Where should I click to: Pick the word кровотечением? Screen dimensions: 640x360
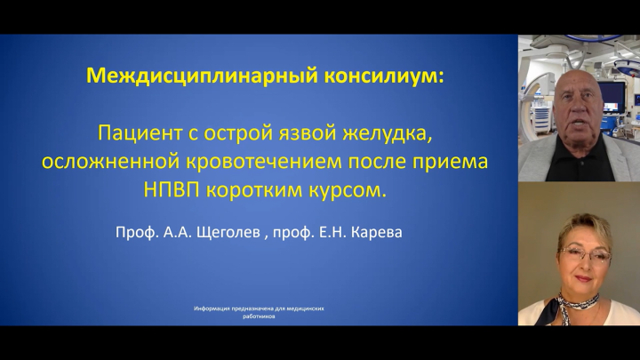click(264, 162)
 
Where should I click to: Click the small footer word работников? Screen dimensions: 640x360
click(259, 316)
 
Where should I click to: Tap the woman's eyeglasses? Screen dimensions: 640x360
click(585, 255)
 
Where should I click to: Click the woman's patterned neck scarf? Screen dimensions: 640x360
click(575, 305)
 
